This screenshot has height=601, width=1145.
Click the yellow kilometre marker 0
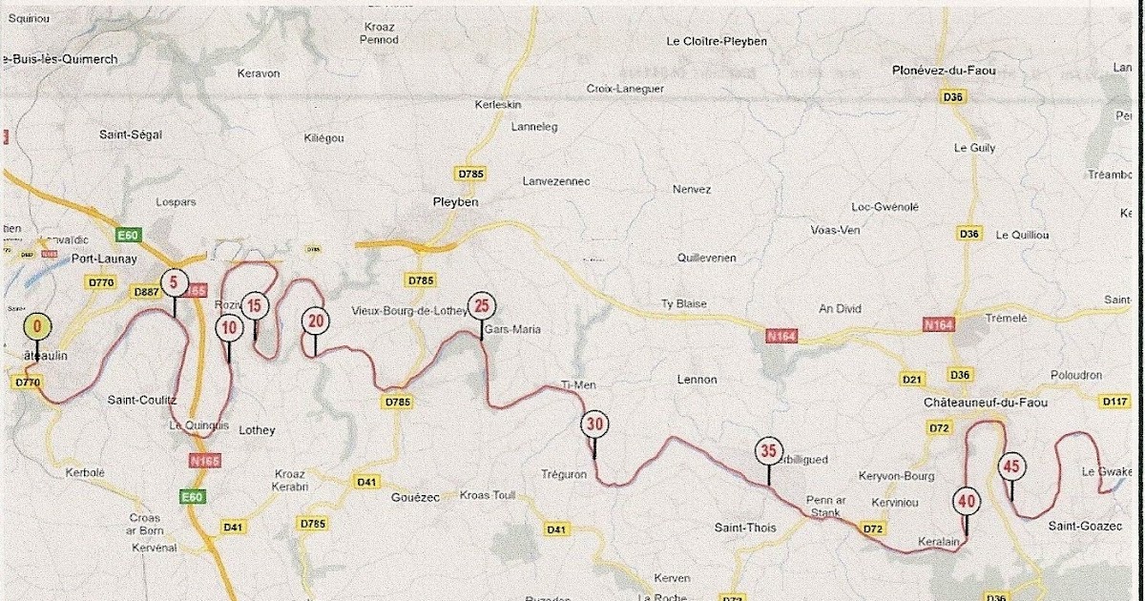pos(37,326)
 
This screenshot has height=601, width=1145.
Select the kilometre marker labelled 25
pos(481,306)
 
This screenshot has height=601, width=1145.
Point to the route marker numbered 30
pos(595,425)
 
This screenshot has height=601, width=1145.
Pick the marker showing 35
pos(768,450)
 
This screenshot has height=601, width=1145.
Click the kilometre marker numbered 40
pos(966,499)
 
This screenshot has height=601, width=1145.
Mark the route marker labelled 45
pos(1011,466)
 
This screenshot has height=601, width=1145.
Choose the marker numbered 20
pos(315,320)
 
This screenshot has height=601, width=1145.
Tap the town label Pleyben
pos(454,202)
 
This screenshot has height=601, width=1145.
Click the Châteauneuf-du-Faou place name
pos(979,404)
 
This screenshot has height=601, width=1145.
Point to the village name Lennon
pos(696,380)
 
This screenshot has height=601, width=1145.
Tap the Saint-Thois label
pos(745,528)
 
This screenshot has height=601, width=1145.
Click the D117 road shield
pos(1115,402)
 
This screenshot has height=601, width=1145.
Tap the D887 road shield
pos(146,292)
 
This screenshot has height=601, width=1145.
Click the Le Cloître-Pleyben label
pos(716,41)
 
